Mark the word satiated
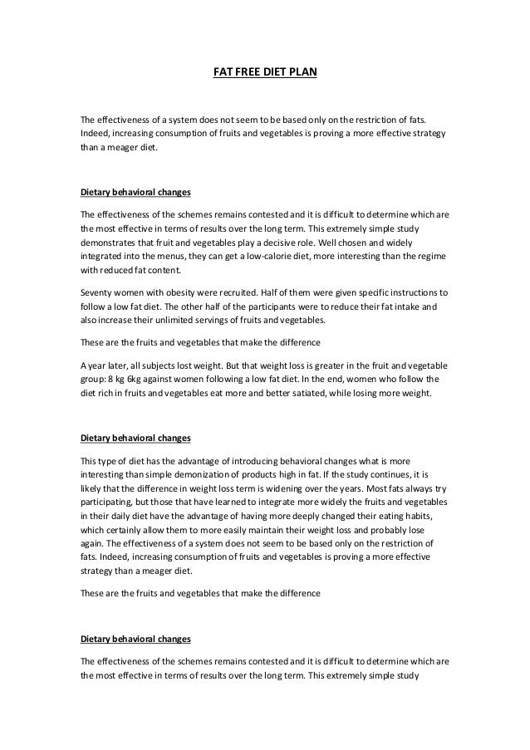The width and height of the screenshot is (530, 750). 334,395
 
